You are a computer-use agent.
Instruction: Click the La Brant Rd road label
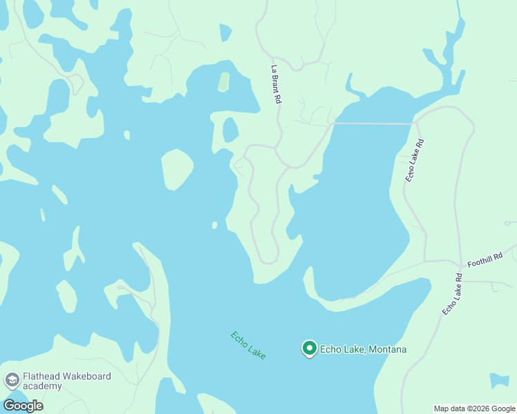point(276,84)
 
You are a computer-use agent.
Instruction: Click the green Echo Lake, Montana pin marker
point(310,348)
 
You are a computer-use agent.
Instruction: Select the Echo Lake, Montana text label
point(363,349)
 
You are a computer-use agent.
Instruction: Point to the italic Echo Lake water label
point(248,345)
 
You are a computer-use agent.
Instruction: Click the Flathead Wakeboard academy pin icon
point(12,379)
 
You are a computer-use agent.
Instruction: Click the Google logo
point(23,405)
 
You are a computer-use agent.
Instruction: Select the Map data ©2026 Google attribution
point(474,408)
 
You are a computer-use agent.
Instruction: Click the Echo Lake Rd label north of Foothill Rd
point(415,160)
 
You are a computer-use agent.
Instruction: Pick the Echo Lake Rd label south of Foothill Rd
point(452,295)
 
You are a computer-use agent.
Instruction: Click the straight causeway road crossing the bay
point(373,124)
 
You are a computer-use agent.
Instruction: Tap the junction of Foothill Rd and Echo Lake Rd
point(459,263)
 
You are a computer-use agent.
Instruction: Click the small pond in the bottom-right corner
point(499,380)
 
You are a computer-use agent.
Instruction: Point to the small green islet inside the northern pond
point(223,82)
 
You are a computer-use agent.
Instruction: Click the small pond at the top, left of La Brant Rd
point(225,32)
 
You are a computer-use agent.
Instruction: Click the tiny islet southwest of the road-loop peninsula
point(215,225)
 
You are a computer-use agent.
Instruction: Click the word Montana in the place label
point(386,349)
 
